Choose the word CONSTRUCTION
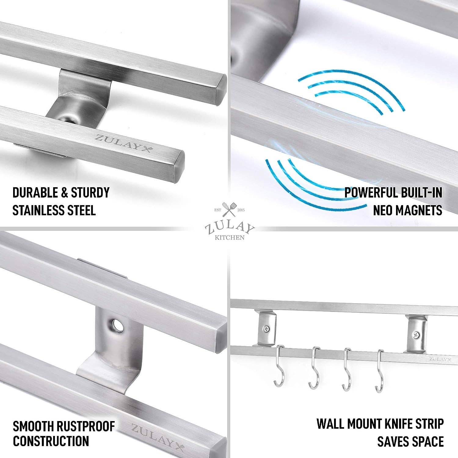click(51, 441)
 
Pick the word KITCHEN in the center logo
click(230, 238)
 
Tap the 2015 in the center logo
click(241, 210)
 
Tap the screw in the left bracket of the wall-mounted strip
click(267, 329)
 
